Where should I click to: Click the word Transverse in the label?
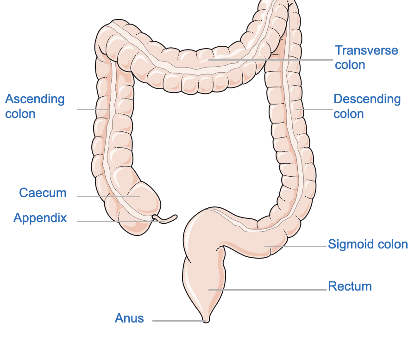366,50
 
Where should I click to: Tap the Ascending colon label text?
35,106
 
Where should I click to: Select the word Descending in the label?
367,99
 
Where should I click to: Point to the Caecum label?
43,193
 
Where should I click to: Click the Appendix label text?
40,218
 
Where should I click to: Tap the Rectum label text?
350,286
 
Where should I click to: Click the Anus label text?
129,318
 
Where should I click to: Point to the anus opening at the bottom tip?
206,320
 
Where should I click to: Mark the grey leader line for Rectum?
269,290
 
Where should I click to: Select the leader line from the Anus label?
178,321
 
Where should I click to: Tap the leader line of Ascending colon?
93,109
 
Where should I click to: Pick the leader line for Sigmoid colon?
296,246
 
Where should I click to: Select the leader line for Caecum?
109,196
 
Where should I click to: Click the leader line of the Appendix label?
120,221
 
